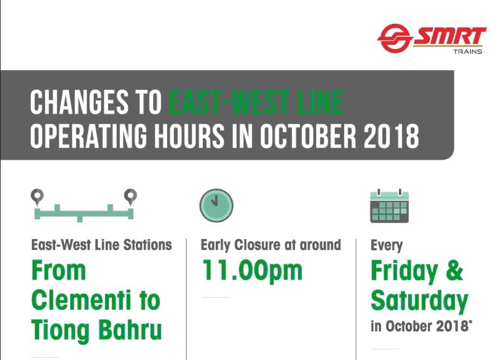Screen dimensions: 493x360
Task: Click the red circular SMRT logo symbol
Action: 395,38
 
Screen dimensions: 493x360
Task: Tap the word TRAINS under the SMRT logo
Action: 468,51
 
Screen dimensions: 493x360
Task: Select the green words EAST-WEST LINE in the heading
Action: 256,102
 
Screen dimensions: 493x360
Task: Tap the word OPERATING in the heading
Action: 89,136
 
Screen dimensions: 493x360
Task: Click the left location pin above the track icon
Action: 37,197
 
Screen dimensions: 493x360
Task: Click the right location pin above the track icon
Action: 130,197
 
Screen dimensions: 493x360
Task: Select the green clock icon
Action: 216,205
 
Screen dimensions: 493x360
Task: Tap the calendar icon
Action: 389,206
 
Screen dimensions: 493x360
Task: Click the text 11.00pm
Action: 252,270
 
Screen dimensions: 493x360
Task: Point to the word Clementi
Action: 81,300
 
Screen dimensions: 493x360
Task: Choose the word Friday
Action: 404,272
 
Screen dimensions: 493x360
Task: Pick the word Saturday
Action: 419,302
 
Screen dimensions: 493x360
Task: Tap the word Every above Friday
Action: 387,246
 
